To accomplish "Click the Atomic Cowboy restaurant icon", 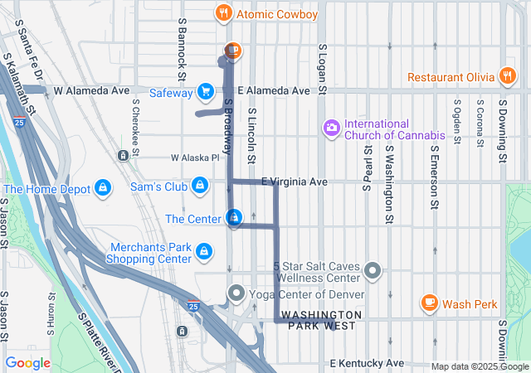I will pyautogui.click(x=222, y=13).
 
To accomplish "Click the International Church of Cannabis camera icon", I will pyautogui.click(x=332, y=127).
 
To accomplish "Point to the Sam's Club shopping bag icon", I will pyautogui.click(x=200, y=185).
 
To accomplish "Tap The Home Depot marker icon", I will pyautogui.click(x=102, y=188).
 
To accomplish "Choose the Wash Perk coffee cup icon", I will pyautogui.click(x=429, y=303).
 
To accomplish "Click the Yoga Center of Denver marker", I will pyautogui.click(x=236, y=293).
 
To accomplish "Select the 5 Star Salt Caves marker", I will pyautogui.click(x=373, y=270).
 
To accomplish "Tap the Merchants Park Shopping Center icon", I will pyautogui.click(x=202, y=249).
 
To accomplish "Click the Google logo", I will pyautogui.click(x=27, y=363).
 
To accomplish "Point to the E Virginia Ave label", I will pyautogui.click(x=295, y=182).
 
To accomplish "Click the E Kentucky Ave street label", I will pyautogui.click(x=366, y=363).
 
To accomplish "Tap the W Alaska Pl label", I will pyautogui.click(x=194, y=157).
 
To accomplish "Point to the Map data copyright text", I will pyautogui.click(x=480, y=366).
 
